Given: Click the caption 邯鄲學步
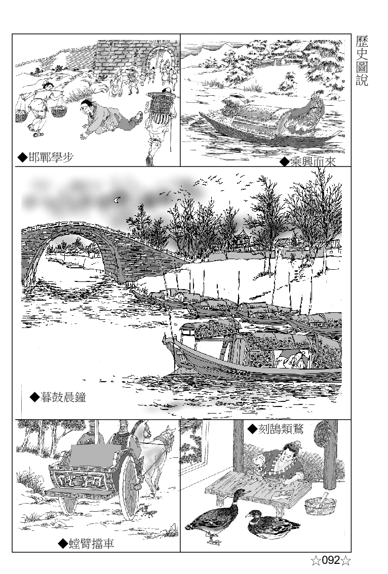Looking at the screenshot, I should click(46, 157).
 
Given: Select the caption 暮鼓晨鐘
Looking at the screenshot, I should click(58, 396).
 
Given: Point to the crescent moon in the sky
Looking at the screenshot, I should click(118, 200).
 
